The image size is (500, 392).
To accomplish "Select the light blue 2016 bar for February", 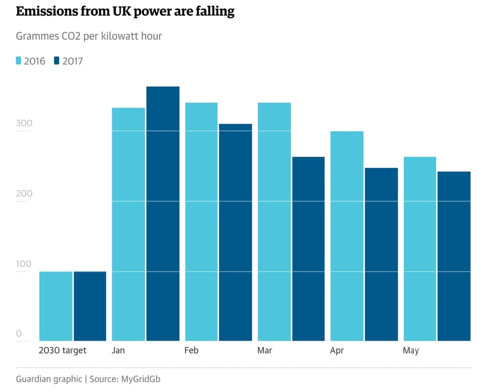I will (x=201, y=222).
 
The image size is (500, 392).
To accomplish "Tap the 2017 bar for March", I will (x=308, y=248).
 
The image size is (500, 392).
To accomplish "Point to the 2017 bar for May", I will (x=454, y=256).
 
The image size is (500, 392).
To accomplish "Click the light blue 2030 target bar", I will (x=56, y=306).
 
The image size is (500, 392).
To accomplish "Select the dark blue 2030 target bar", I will (x=90, y=306).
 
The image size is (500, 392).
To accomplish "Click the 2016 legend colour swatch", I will (x=19, y=61).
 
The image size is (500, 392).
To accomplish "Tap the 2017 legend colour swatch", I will (x=57, y=61).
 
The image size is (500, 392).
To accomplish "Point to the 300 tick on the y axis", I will (x=24, y=123).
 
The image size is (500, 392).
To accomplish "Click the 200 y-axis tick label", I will (x=24, y=193).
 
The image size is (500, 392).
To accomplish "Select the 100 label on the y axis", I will (x=24, y=264).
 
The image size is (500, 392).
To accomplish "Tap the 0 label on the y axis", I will (x=19, y=334).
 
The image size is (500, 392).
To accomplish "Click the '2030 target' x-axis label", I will (x=62, y=351).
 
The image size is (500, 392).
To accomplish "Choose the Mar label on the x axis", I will (x=265, y=351).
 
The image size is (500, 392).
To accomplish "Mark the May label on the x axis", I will (x=411, y=351).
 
